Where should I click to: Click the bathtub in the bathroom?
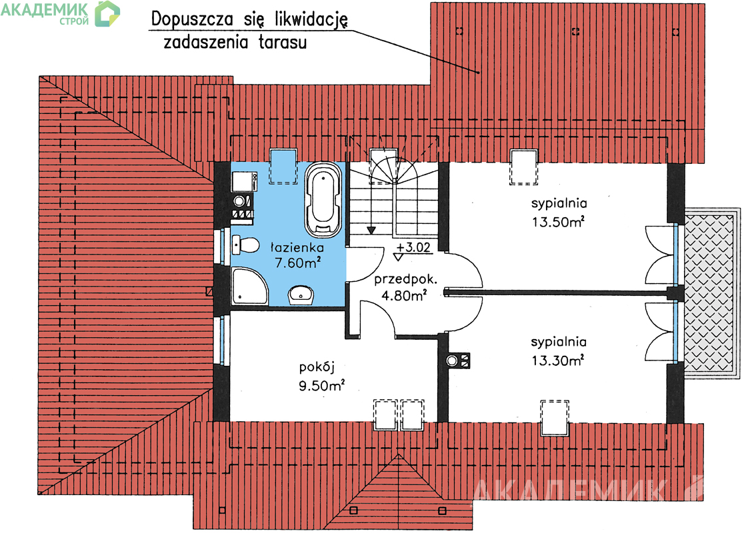(x=323, y=199)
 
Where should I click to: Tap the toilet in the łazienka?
(x=245, y=245)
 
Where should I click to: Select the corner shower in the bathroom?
(x=249, y=286)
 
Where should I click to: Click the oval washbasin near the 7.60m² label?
(x=301, y=294)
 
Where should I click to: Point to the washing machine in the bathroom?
(x=245, y=183)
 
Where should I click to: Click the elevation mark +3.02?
(x=413, y=247)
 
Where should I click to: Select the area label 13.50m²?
(x=558, y=221)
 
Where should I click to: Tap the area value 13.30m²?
(x=558, y=360)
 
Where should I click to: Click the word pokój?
(x=317, y=368)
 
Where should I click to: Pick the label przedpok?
(x=405, y=280)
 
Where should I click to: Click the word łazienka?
(x=297, y=247)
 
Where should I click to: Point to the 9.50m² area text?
(x=321, y=386)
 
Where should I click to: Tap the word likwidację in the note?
(x=311, y=20)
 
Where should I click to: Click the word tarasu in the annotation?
(x=283, y=42)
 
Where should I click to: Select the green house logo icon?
(x=107, y=14)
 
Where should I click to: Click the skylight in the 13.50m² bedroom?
(x=524, y=167)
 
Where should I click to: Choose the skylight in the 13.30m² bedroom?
(x=555, y=416)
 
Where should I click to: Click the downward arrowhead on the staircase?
(x=371, y=231)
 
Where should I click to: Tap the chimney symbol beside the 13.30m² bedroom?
(x=458, y=361)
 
